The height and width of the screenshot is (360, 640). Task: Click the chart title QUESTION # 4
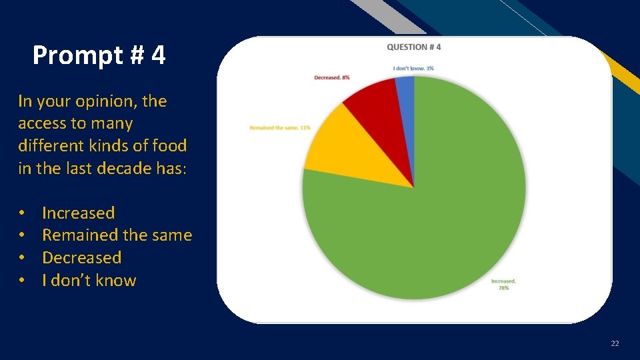414,47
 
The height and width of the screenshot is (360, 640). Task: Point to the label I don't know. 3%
413,68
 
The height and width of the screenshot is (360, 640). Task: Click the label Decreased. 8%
332,78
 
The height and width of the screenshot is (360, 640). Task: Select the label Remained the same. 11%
280,127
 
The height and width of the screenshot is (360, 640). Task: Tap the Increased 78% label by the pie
503,285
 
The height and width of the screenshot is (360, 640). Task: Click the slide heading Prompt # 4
99,55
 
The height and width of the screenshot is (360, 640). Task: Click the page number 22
614,343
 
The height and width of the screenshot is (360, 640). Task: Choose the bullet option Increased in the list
78,213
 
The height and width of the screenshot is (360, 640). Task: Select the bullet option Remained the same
117,235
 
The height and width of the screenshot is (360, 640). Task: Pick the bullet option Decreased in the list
81,257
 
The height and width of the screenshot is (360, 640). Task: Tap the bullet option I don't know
89,280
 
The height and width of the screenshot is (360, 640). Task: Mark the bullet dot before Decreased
22,258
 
